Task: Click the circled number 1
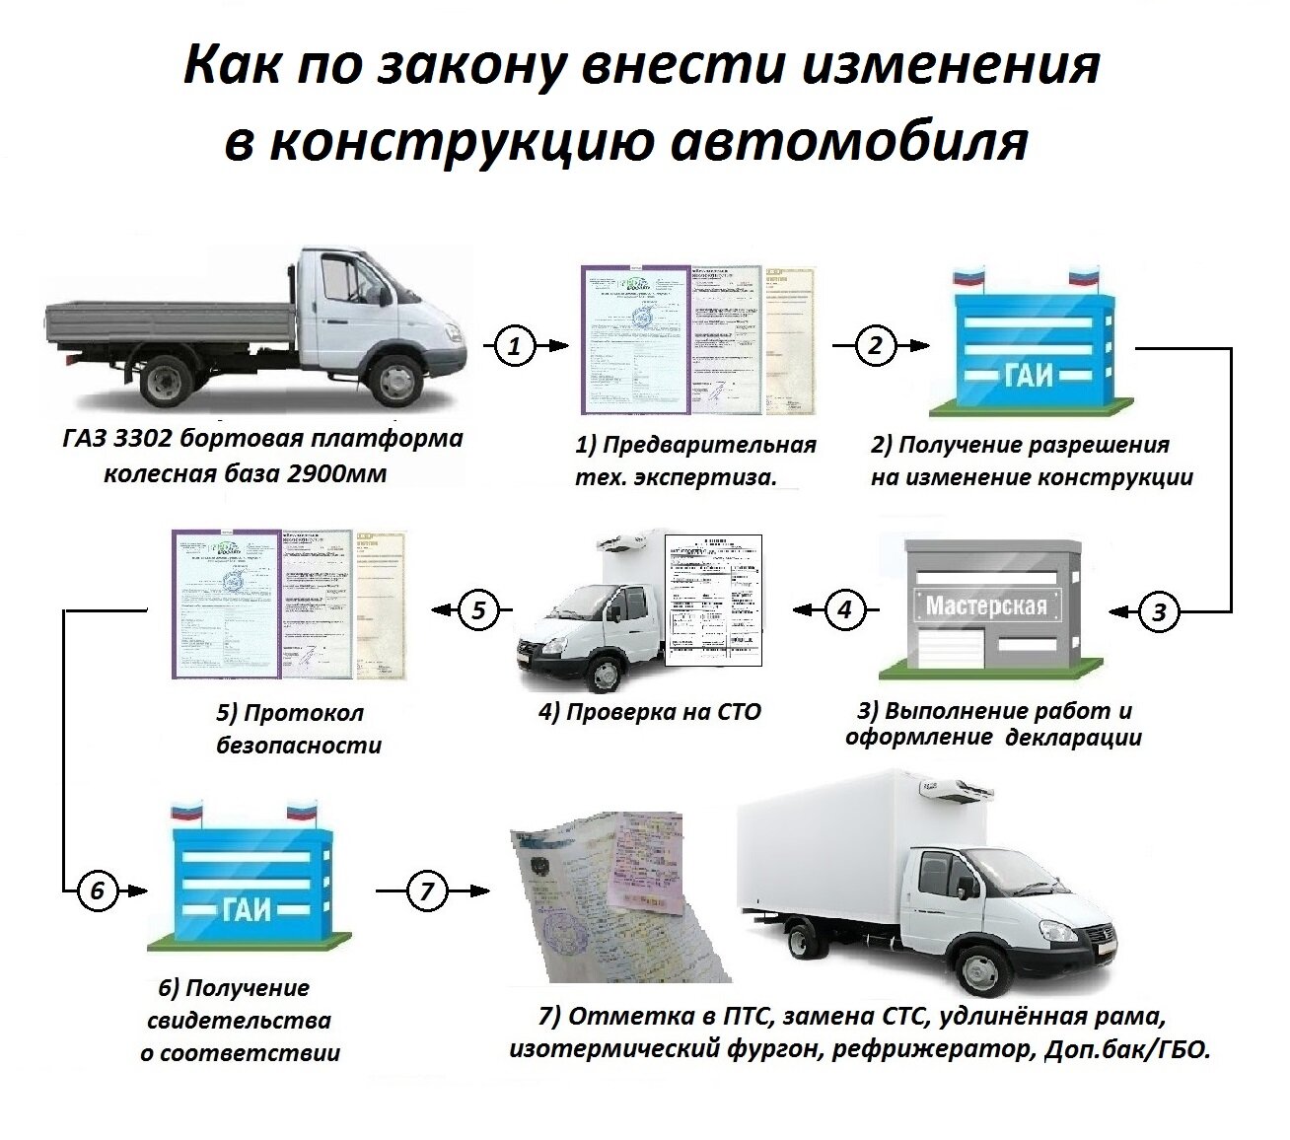click(514, 346)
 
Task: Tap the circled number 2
click(875, 346)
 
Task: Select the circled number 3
click(1159, 611)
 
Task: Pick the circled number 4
click(844, 609)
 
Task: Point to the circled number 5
click(478, 610)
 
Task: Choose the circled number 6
click(97, 891)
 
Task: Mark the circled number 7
click(426, 891)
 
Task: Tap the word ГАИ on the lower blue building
click(246, 906)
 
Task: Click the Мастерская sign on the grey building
click(985, 604)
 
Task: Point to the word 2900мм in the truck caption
click(336, 473)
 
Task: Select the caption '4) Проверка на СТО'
click(649, 712)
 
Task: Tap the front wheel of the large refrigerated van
click(980, 969)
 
